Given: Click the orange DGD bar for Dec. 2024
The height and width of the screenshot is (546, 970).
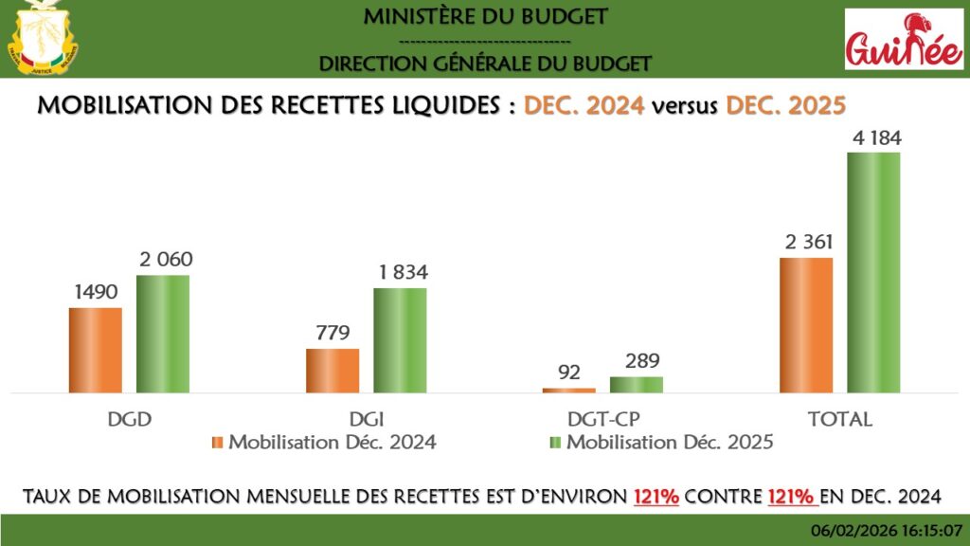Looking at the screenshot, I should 95,349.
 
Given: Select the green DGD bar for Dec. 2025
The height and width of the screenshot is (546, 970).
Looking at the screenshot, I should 162,333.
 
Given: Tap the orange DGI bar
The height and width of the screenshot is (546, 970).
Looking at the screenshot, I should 332,370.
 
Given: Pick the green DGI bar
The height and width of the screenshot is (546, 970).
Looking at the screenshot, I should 400,339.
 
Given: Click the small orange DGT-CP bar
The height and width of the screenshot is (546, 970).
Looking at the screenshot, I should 569,390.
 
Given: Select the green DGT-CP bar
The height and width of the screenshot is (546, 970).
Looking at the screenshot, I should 636,384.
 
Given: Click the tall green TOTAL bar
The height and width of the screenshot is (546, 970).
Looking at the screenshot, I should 873,271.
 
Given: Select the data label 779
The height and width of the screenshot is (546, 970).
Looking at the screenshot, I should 332,333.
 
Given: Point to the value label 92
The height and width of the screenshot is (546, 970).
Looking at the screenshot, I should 569,373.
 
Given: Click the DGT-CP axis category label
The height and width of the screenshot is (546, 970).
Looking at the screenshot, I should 602,419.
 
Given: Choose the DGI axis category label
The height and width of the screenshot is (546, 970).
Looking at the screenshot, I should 366,419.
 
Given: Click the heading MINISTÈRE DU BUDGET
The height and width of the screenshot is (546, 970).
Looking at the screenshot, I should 485,16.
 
